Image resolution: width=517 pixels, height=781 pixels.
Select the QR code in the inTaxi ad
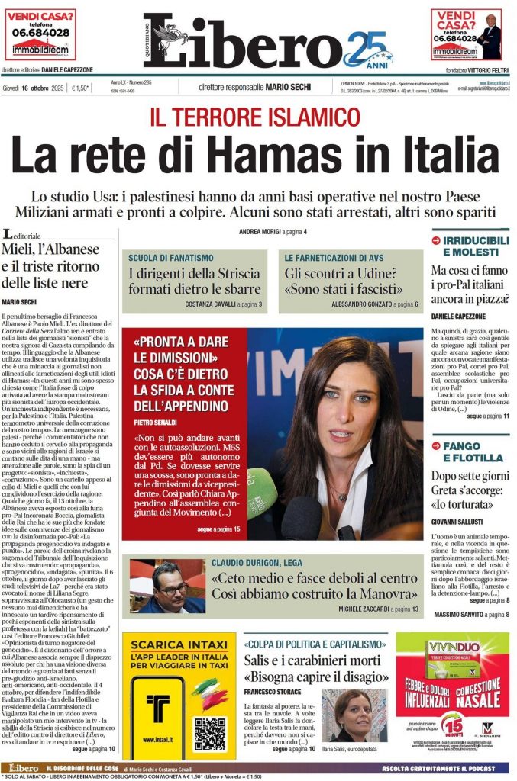pos(208,733)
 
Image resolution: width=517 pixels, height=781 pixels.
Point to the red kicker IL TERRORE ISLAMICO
pos(254,117)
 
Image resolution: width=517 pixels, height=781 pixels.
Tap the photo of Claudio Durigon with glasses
pos(157,587)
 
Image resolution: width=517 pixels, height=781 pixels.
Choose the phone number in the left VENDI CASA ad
pos(40,33)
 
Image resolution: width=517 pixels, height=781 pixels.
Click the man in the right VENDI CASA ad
pos(489,38)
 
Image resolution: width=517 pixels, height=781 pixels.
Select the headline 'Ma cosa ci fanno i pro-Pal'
pos(469,284)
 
